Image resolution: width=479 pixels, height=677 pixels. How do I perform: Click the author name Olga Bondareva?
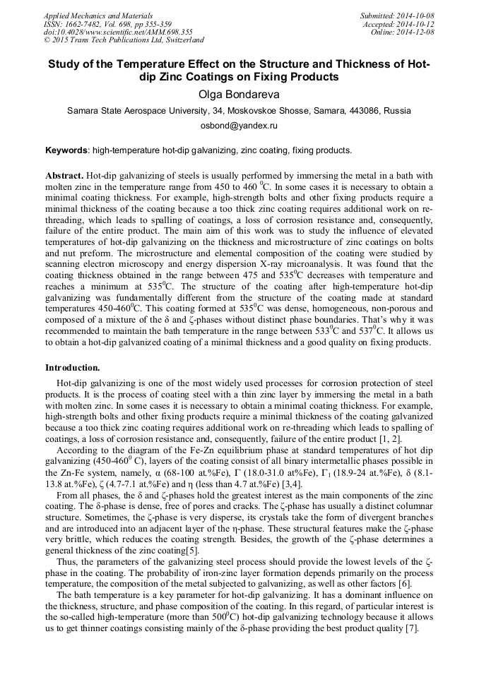239,94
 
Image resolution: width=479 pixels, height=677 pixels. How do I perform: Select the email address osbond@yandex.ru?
239,125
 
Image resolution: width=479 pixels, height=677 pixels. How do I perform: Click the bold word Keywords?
66,150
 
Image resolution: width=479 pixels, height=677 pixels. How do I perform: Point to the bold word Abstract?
64,174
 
